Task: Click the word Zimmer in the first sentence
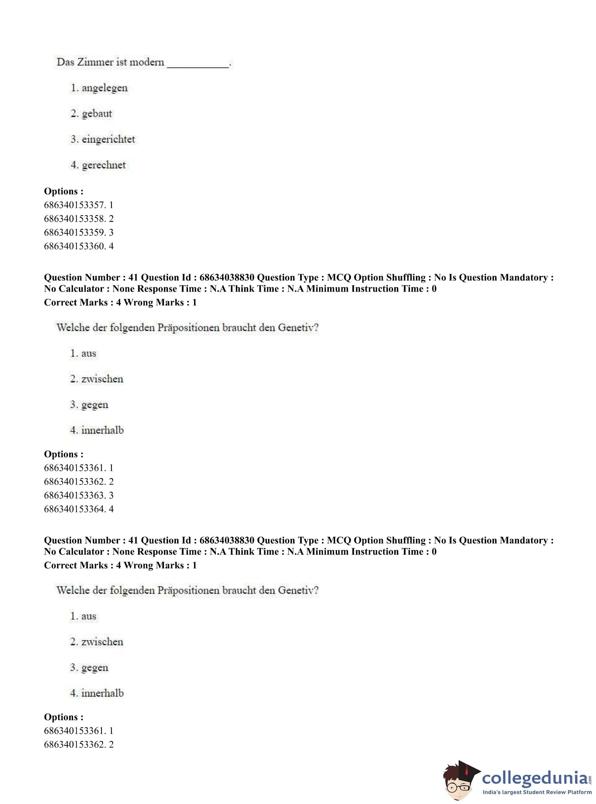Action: coord(95,62)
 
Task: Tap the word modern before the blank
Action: coord(146,62)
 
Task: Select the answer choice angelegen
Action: coord(104,88)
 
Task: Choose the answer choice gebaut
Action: coord(97,114)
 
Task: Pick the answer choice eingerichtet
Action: coord(108,139)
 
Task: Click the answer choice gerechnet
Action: coord(104,165)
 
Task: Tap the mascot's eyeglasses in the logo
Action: coord(459,785)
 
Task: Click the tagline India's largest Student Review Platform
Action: coord(537,792)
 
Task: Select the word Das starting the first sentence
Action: coord(65,62)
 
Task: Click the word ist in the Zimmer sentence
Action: coord(121,62)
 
